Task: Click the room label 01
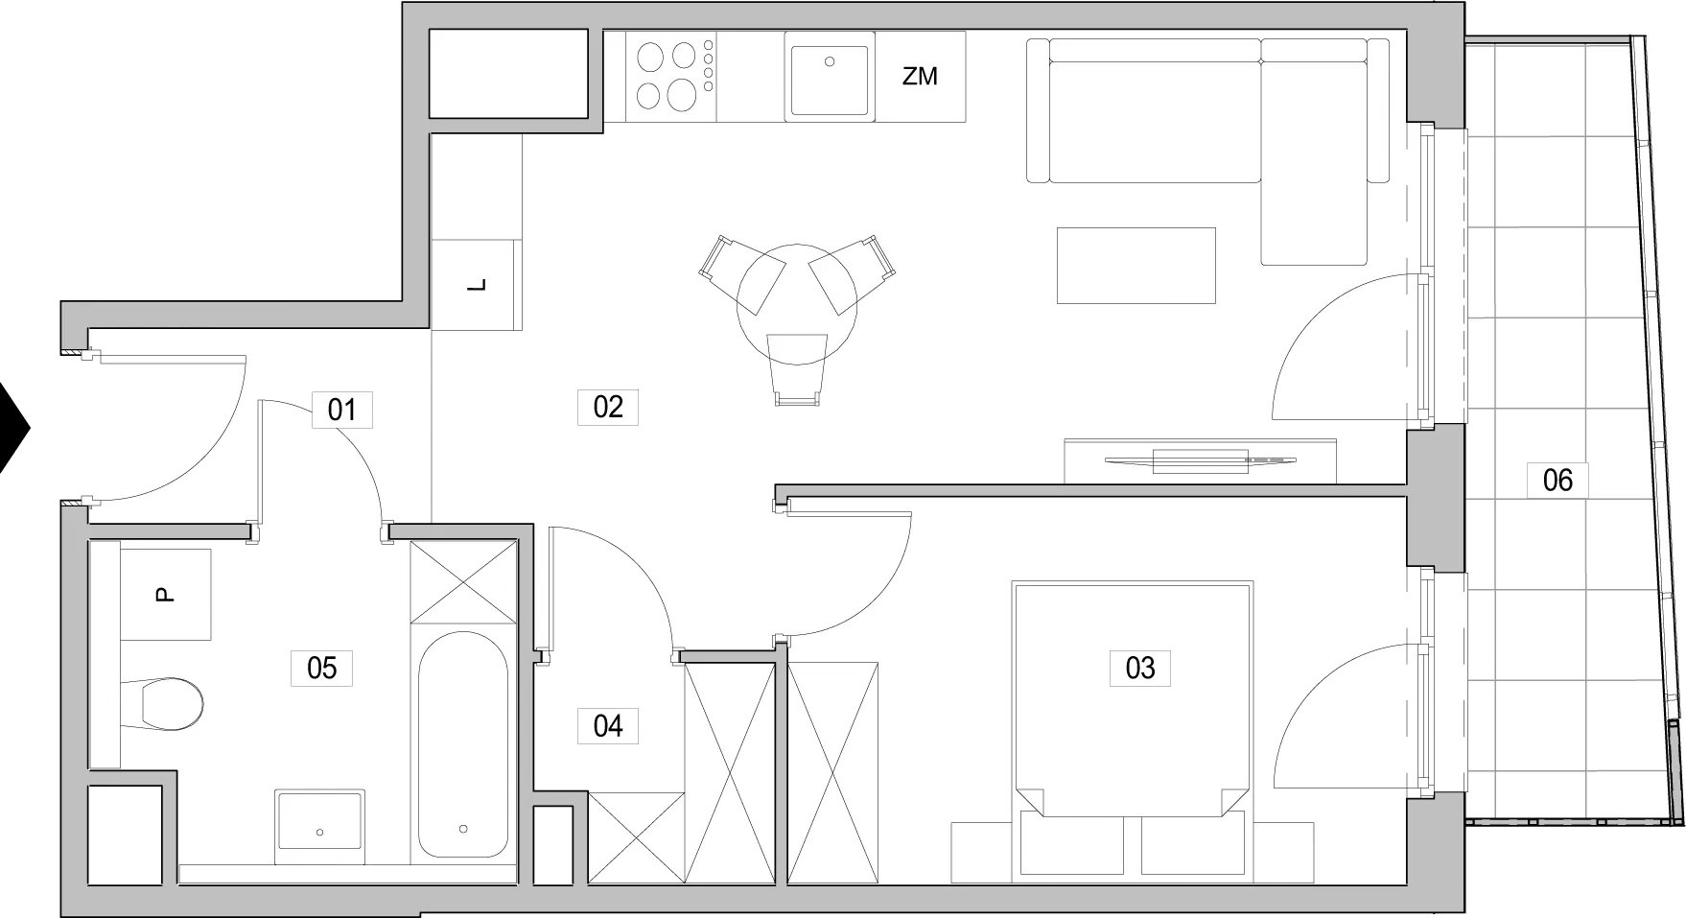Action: (341, 411)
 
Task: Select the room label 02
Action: (608, 407)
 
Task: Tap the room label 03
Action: (1139, 668)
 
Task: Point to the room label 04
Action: (608, 726)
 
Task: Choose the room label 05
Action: (321, 668)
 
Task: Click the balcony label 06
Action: (1557, 480)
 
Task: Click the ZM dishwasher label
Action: (920, 77)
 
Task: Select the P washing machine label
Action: (165, 596)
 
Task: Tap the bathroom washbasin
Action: (319, 821)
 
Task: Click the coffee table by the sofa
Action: (1136, 265)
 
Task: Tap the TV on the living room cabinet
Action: (1200, 460)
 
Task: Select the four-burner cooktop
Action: (675, 76)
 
